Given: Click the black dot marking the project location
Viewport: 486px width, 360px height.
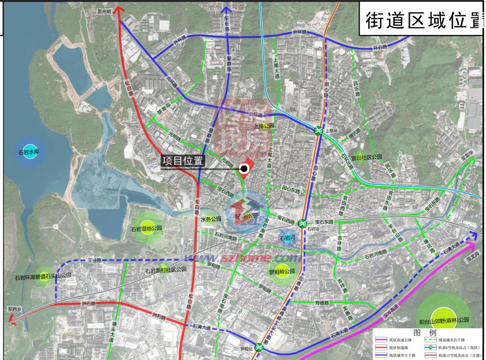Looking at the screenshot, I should click(245, 167).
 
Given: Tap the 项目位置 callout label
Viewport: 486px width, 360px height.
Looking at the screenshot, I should click(182, 162).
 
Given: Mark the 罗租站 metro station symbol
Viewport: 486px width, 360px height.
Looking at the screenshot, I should click(259, 348).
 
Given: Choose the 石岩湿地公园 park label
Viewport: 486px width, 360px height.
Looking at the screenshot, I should click(146, 228).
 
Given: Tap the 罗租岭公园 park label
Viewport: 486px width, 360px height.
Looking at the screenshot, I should click(282, 272).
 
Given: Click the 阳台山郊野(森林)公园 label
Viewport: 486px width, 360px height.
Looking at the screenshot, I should click(444, 320).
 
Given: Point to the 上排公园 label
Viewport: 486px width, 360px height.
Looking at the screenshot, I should click(265, 125).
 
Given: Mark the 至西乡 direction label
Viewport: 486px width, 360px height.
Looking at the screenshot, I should click(15, 310).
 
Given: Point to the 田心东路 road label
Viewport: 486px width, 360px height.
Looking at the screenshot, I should click(290, 189).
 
